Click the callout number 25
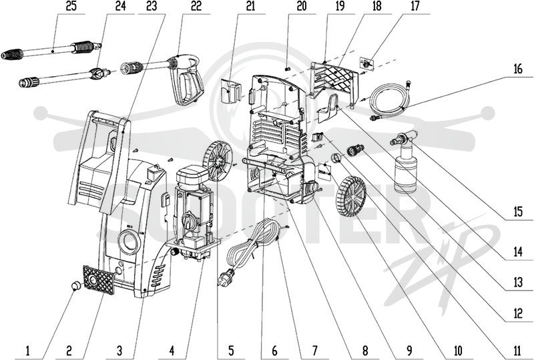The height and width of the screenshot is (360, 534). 71,7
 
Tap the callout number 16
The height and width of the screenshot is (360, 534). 518,69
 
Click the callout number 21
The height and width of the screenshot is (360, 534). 250,7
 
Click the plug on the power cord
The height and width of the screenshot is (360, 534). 226,276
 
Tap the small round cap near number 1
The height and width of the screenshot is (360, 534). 75,285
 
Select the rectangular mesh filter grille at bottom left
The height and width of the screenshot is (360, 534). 98,281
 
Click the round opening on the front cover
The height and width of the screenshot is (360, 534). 129,242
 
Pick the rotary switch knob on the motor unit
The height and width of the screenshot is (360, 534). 188,218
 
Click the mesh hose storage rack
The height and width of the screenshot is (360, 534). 335,81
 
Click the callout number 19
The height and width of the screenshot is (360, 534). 340,7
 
